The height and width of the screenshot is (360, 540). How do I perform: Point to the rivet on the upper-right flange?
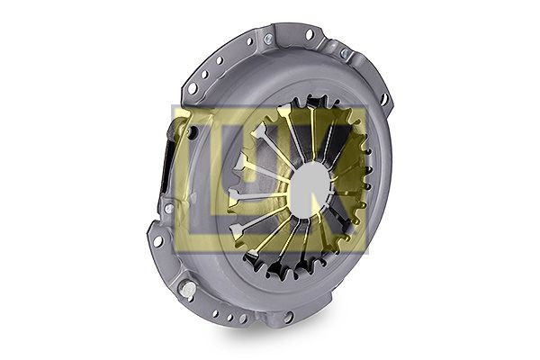tap(344, 54)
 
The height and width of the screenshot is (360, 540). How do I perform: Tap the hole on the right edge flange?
tap(384, 99)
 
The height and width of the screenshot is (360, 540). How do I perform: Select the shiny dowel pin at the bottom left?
tap(187, 289)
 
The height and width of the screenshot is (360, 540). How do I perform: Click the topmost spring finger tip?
tap(286, 110)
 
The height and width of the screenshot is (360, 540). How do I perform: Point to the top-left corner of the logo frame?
tap(174, 108)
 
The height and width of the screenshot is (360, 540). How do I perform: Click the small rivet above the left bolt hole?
tap(167, 208)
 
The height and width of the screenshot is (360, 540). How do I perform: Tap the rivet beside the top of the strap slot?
tap(191, 132)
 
